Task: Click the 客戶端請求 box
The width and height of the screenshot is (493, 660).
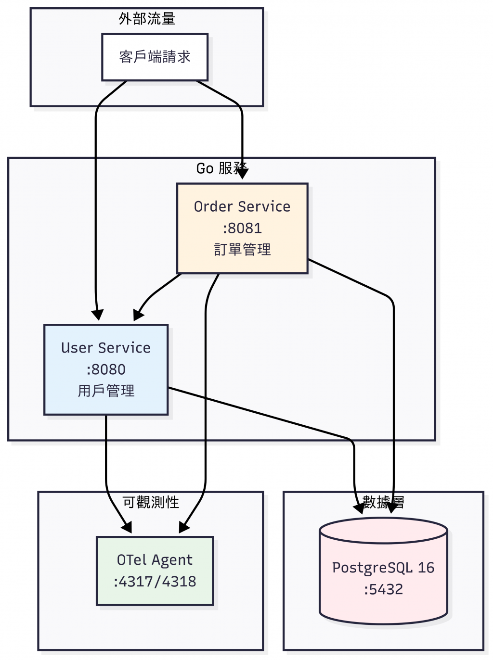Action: (155, 57)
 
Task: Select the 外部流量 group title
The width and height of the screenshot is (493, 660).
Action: (147, 19)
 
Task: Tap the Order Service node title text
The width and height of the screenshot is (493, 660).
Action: (242, 206)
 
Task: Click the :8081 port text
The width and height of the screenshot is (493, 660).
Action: (242, 228)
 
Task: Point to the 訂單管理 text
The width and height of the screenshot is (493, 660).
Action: (242, 249)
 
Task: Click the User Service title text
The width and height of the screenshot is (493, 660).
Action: (106, 348)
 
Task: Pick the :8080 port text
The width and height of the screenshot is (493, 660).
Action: (106, 369)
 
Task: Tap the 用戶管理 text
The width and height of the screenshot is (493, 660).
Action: (106, 391)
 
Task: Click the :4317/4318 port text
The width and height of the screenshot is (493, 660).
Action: (155, 582)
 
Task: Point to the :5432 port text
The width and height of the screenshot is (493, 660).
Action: (383, 589)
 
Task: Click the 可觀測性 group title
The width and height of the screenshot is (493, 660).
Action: (151, 502)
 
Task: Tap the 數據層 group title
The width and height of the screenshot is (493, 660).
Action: (383, 502)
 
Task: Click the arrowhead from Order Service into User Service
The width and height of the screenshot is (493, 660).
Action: (138, 316)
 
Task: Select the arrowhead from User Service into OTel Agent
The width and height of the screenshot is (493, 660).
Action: (127, 528)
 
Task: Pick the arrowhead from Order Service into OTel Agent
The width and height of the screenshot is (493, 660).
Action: (183, 528)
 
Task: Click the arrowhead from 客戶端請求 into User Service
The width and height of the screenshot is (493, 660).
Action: (98, 316)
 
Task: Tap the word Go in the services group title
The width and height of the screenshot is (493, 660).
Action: (205, 168)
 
